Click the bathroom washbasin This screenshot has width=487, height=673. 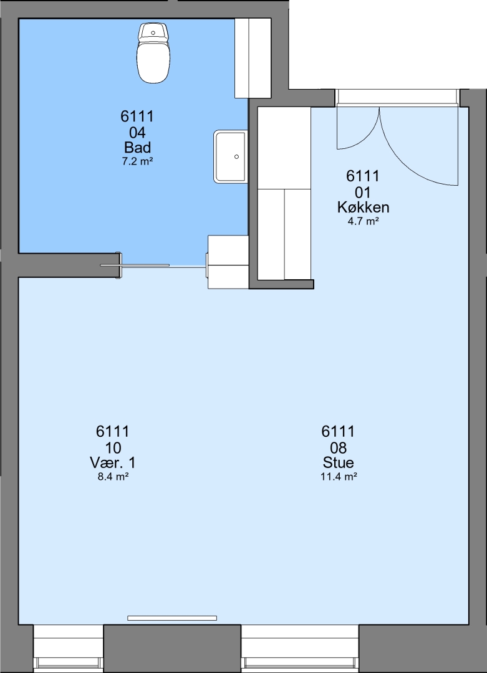[x=231, y=156]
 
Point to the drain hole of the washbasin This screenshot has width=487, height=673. [x=236, y=157]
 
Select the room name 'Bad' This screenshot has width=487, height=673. [x=137, y=148]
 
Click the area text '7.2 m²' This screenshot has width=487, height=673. [x=137, y=162]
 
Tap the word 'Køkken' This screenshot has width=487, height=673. [x=364, y=208]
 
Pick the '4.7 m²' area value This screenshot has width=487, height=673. [x=364, y=221]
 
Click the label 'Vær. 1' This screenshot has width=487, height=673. [x=113, y=462]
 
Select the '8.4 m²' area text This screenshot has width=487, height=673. [x=113, y=477]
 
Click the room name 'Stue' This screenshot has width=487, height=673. [x=339, y=462]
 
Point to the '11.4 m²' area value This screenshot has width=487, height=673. [x=339, y=477]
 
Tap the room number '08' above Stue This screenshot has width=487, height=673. [x=339, y=447]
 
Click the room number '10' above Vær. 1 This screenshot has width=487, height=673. [x=113, y=447]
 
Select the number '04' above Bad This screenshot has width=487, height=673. [x=137, y=132]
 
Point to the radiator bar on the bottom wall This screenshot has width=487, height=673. [x=171, y=618]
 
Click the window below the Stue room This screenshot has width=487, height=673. [x=300, y=649]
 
